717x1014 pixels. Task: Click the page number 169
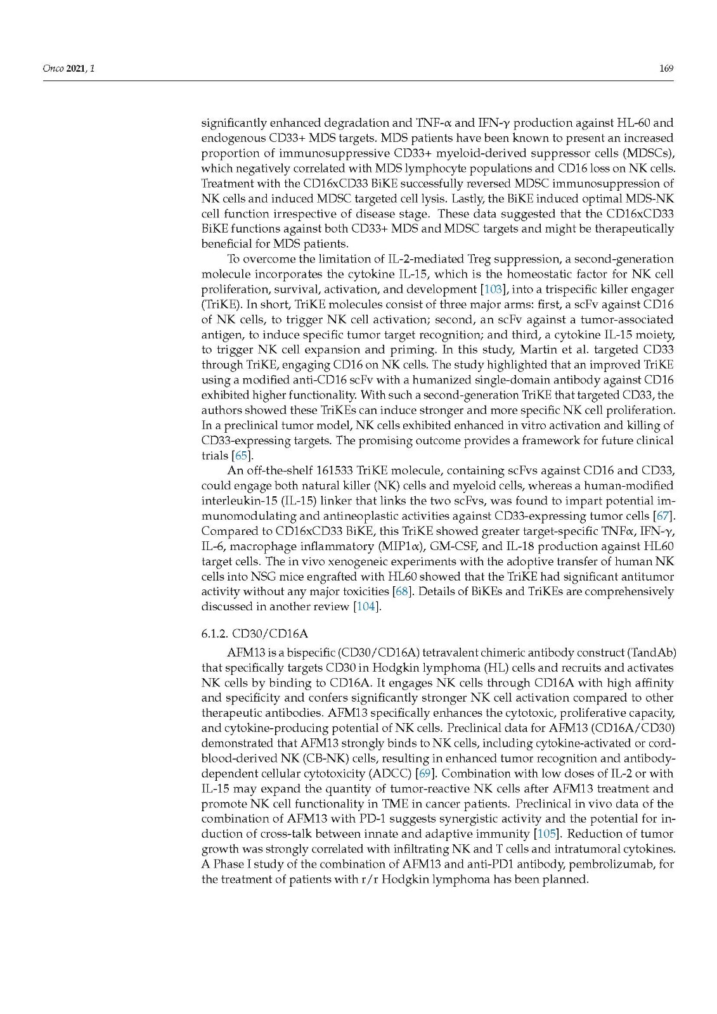[x=666, y=68]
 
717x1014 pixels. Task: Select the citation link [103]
[x=494, y=290]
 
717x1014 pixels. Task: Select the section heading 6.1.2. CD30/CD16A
[x=254, y=633]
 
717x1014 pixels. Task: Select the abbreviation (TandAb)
[x=649, y=652]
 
